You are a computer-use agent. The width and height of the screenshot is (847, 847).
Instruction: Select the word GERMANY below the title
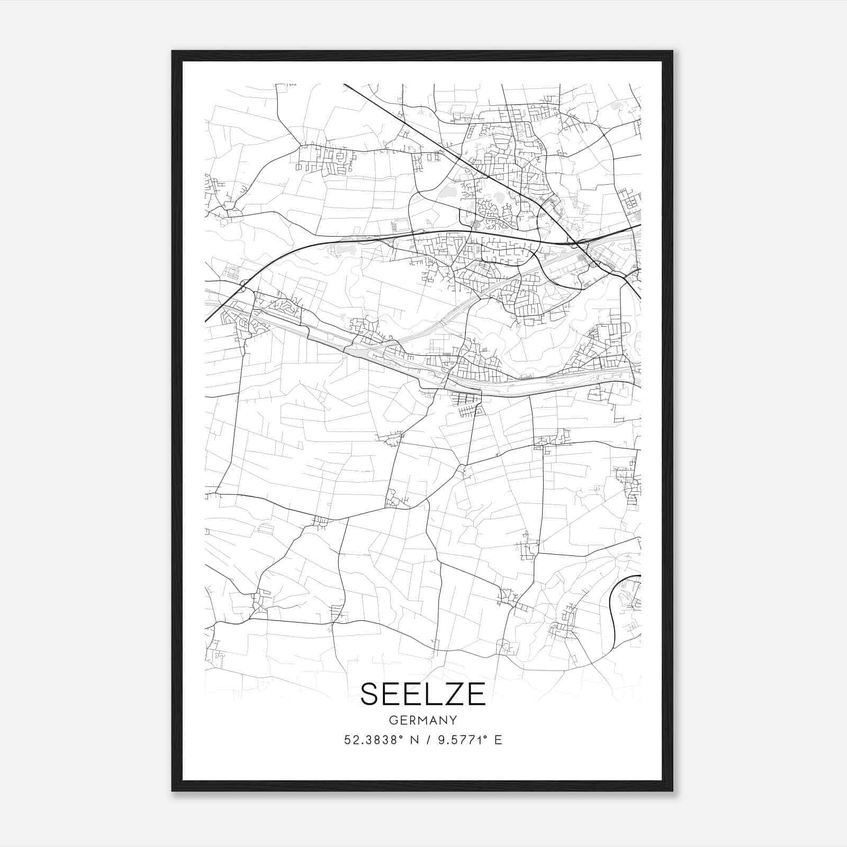coord(423,720)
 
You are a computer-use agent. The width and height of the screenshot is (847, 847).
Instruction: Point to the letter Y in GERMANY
coord(453,720)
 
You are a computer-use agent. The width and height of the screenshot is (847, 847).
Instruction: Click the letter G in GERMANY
coord(392,720)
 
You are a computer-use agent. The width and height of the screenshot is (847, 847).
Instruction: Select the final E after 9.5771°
coord(498,740)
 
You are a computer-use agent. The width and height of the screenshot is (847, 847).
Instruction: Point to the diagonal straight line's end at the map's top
coord(345,85)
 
